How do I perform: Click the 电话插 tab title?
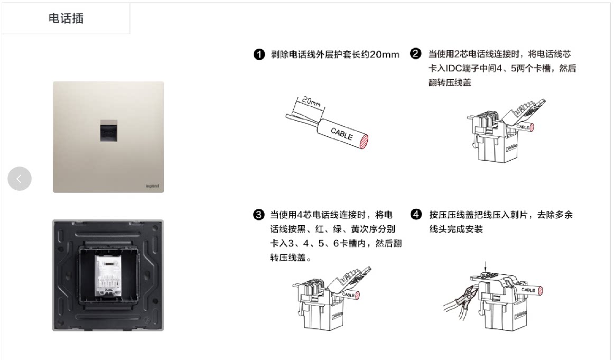coord(66,19)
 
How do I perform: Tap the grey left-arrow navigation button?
coord(20,179)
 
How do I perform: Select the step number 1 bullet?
coord(259,54)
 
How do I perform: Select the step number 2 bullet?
coord(416,54)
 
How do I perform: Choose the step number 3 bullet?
coord(258,215)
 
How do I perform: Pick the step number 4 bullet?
coord(416,215)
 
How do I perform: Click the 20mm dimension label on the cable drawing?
coord(312,101)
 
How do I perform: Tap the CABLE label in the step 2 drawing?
coord(523,127)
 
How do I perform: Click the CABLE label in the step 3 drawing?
coord(349,294)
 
